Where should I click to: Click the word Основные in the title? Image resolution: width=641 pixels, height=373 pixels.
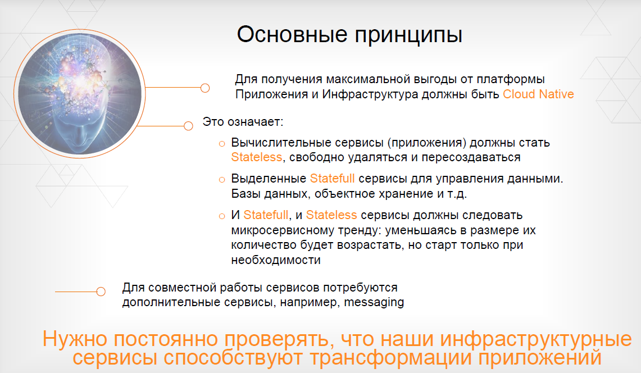(292, 34)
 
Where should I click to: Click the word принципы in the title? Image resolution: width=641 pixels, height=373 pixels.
(408, 35)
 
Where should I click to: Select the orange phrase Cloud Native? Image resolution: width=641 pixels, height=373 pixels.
(538, 94)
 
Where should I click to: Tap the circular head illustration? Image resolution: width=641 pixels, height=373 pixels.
(80, 94)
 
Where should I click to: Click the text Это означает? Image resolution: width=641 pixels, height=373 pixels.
(243, 122)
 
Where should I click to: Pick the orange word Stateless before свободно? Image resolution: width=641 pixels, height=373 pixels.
(256, 157)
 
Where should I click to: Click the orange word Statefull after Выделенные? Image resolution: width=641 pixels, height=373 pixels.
(332, 178)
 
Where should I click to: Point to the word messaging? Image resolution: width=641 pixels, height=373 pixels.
(374, 303)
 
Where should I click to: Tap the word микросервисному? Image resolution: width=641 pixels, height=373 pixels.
(283, 231)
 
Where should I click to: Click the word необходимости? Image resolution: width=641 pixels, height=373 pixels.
(275, 260)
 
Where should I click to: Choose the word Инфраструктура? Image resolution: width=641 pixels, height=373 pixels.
(370, 95)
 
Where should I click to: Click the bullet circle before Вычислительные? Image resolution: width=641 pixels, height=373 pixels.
(222, 144)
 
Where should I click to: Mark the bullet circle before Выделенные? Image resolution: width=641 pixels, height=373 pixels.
(222, 180)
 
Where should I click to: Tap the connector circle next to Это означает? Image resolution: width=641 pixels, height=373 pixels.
(188, 126)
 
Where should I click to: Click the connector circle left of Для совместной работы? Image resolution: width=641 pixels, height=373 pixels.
(101, 292)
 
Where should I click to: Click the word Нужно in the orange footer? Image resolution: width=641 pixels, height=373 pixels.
(75, 339)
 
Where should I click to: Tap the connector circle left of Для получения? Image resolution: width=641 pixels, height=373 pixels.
(205, 88)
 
